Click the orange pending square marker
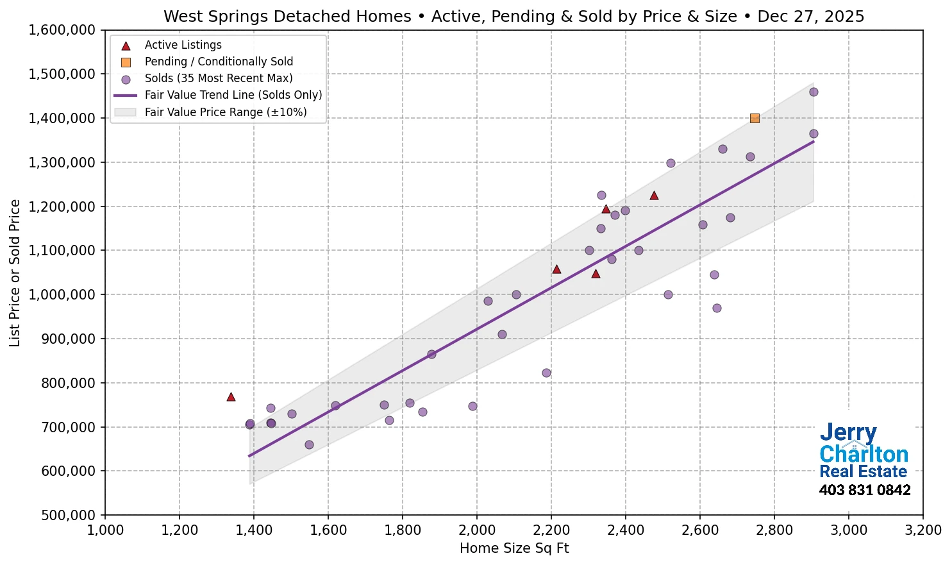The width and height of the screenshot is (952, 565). (x=755, y=118)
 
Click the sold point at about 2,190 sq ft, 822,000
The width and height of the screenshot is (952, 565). (x=546, y=373)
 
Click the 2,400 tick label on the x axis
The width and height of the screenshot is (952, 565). (x=625, y=530)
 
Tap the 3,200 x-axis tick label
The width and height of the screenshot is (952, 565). (x=923, y=530)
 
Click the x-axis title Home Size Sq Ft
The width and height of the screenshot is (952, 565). (x=514, y=548)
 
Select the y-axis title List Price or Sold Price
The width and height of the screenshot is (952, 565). (x=15, y=273)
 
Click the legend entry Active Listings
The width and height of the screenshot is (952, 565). (x=183, y=45)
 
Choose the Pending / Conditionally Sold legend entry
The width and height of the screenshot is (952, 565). (x=219, y=62)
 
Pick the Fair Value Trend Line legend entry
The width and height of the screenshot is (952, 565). (x=233, y=95)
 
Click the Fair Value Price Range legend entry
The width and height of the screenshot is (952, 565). (x=226, y=112)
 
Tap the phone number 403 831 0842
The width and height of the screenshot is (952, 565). (x=864, y=491)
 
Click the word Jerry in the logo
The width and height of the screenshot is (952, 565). (x=848, y=433)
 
